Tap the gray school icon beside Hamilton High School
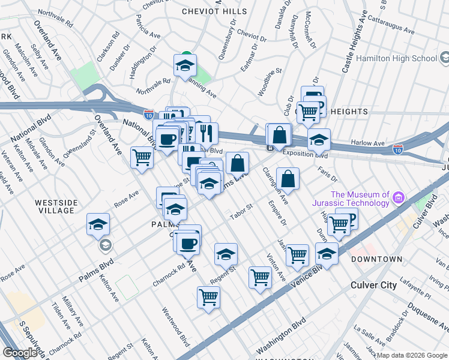(x=444, y=58)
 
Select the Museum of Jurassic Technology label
(x=361, y=198)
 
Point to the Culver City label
(x=373, y=285)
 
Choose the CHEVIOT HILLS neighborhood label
(x=215, y=11)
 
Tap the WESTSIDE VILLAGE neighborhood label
(x=56, y=207)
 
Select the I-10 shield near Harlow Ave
(x=397, y=148)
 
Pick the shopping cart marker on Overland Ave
(x=142, y=158)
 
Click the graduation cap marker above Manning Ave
(x=185, y=64)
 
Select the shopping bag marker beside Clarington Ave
(x=288, y=179)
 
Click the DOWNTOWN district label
(x=376, y=259)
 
